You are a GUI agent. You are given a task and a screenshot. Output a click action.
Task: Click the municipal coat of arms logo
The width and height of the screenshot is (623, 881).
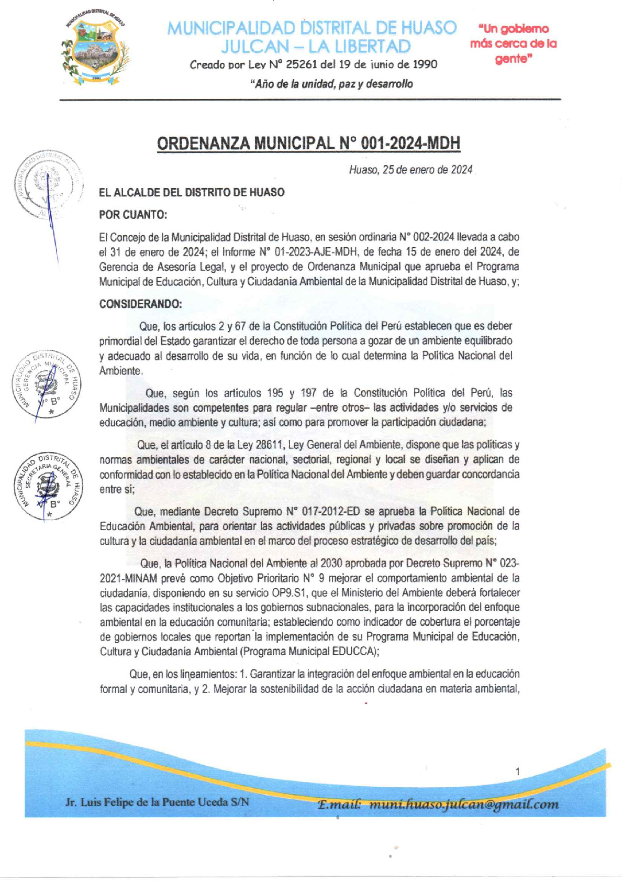pos(95,47)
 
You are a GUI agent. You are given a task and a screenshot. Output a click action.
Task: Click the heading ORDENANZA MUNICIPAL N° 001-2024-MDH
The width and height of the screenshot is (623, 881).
pos(308,143)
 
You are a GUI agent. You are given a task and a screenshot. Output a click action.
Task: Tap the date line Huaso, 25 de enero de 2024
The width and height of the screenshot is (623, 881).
pos(410,170)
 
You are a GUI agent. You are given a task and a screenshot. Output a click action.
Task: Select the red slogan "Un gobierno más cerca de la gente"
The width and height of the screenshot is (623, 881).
pos(513,43)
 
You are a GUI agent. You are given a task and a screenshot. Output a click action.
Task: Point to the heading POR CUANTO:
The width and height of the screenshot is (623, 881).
pos(133,215)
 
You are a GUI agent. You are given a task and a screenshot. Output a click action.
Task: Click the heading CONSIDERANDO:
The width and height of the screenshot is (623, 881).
pos(141,304)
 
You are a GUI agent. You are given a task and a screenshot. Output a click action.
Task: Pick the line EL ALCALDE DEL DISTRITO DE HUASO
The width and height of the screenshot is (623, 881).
pos(192,192)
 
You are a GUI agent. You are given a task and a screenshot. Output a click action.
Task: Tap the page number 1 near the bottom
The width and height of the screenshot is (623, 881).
pos(517,771)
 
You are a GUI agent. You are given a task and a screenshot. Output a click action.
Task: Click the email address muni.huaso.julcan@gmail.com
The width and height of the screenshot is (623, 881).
pos(463,804)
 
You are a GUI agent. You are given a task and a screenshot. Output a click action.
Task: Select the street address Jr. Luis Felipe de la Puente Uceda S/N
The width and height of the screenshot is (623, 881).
pos(157,802)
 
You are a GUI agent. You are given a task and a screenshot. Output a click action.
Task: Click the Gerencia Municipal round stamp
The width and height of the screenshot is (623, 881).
pos(46,384)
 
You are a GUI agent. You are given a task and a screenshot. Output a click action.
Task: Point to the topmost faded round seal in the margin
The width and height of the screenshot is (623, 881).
pos(48,184)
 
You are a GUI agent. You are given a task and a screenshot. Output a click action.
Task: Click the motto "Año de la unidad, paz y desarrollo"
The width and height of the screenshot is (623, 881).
pos(331,84)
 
